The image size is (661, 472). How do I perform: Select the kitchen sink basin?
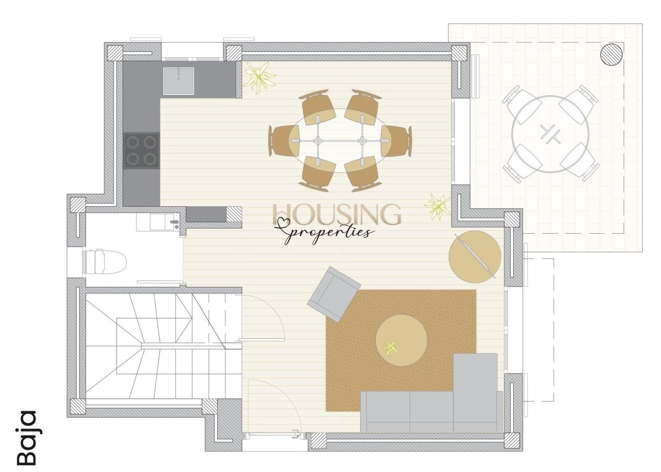click(x=179, y=81)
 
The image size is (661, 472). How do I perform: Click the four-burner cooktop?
click(x=141, y=151)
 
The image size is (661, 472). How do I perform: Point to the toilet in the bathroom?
click(x=105, y=261)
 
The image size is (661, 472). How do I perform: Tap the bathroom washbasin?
click(x=164, y=222)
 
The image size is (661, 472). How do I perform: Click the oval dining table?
click(x=340, y=141)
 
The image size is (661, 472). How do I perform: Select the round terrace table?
click(x=550, y=134)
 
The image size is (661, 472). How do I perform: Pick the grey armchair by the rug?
click(x=334, y=294)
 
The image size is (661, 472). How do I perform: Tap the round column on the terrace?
click(x=612, y=55)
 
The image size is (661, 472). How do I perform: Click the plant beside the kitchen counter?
click(x=260, y=78)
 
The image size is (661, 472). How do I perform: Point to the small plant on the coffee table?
click(x=390, y=348)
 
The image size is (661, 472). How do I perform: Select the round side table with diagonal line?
click(x=475, y=257)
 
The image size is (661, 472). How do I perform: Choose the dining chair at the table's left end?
click(x=284, y=141)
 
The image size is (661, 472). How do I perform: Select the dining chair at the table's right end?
click(x=397, y=141)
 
